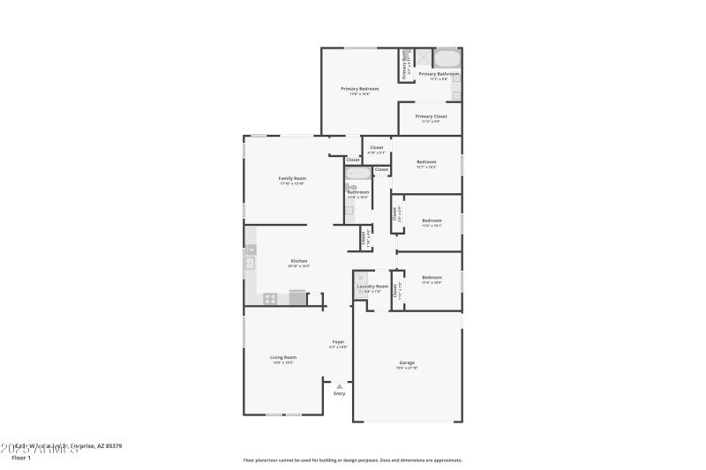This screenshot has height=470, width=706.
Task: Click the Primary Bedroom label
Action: click(360, 89)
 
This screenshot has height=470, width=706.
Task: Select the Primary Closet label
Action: click(431, 116)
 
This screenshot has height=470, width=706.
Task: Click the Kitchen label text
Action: click(300, 261)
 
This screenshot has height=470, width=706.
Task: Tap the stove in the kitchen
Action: click(271, 299)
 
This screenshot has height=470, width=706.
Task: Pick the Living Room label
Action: click(282, 357)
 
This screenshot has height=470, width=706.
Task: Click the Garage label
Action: click(407, 362)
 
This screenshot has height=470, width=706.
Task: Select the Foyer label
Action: click(338, 342)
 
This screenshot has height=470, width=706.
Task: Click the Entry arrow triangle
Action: click(339, 385)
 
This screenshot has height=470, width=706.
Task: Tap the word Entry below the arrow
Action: click(339, 393)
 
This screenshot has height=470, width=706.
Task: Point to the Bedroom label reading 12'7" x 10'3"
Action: click(426, 162)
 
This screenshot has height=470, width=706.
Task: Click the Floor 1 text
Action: click(20, 459)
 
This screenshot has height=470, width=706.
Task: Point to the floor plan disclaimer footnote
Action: click(352, 459)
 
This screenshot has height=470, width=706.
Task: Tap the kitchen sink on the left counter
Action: click(250, 262)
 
